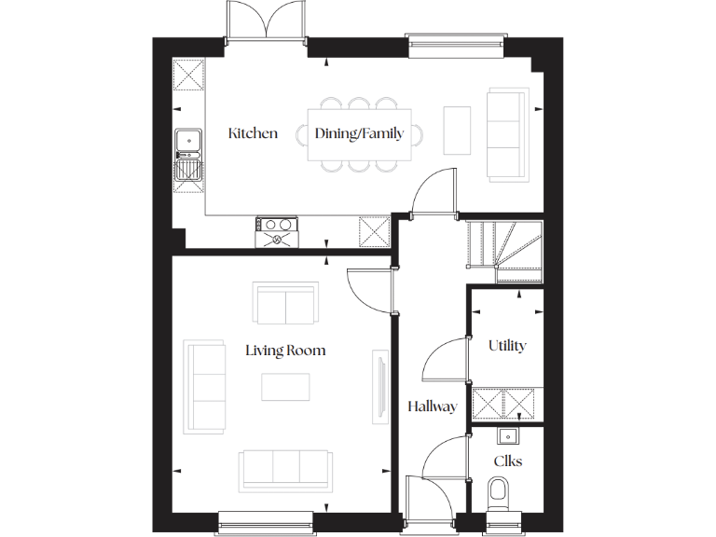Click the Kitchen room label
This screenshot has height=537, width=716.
coord(253,133)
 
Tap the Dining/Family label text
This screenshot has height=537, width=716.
coord(359,133)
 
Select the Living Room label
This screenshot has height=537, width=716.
coord(285,351)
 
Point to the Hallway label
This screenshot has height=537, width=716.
coord(432,406)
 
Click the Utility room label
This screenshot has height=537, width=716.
coord(507,346)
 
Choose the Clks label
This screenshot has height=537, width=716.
coord(507,461)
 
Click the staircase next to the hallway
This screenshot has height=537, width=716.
coord(503,249)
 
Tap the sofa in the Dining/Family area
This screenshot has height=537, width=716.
coord(508,133)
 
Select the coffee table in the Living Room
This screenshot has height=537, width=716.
coord(285,386)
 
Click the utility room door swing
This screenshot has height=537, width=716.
coord(447,360)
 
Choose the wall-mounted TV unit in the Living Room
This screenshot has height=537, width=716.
coord(379,384)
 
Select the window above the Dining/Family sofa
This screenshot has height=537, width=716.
coord(456,40)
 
